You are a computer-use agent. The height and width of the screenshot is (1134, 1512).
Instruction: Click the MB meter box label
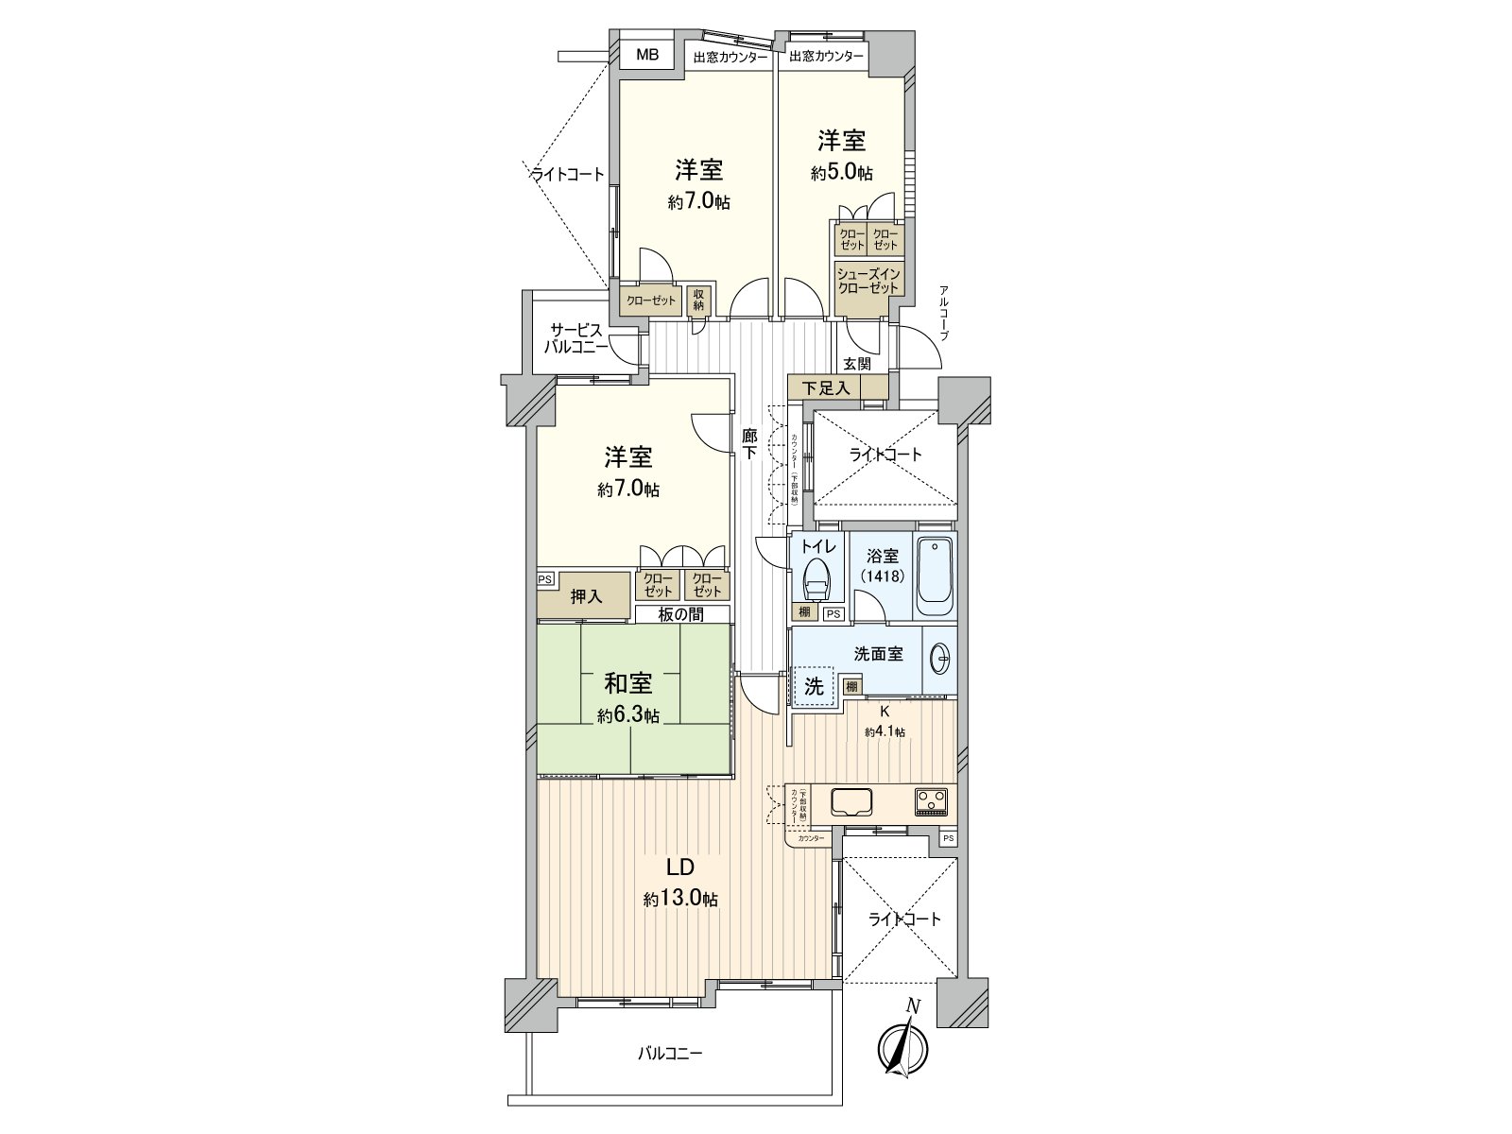646,54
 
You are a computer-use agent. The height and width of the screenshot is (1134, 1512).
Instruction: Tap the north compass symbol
902,1048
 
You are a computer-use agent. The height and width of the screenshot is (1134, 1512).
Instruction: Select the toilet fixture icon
816,577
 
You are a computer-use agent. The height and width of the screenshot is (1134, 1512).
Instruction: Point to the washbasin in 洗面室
939,659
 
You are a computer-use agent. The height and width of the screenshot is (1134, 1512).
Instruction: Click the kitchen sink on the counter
851,801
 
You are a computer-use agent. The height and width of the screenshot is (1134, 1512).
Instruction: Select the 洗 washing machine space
814,686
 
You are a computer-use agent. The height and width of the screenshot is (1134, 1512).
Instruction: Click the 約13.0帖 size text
680,899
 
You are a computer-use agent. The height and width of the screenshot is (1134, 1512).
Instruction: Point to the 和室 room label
627,682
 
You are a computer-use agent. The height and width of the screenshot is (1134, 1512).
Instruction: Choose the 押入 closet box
585,596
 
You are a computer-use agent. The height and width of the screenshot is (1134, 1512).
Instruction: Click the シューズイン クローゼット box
868,281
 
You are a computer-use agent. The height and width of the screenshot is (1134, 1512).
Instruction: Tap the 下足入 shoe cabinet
827,387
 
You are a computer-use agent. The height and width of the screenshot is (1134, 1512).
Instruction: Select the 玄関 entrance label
856,364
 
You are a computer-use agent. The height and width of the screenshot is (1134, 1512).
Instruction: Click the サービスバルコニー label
575,338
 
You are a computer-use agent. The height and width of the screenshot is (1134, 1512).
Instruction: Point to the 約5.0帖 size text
841,173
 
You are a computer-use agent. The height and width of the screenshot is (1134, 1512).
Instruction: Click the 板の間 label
683,614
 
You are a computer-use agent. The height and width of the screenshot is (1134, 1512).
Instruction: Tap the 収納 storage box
698,300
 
